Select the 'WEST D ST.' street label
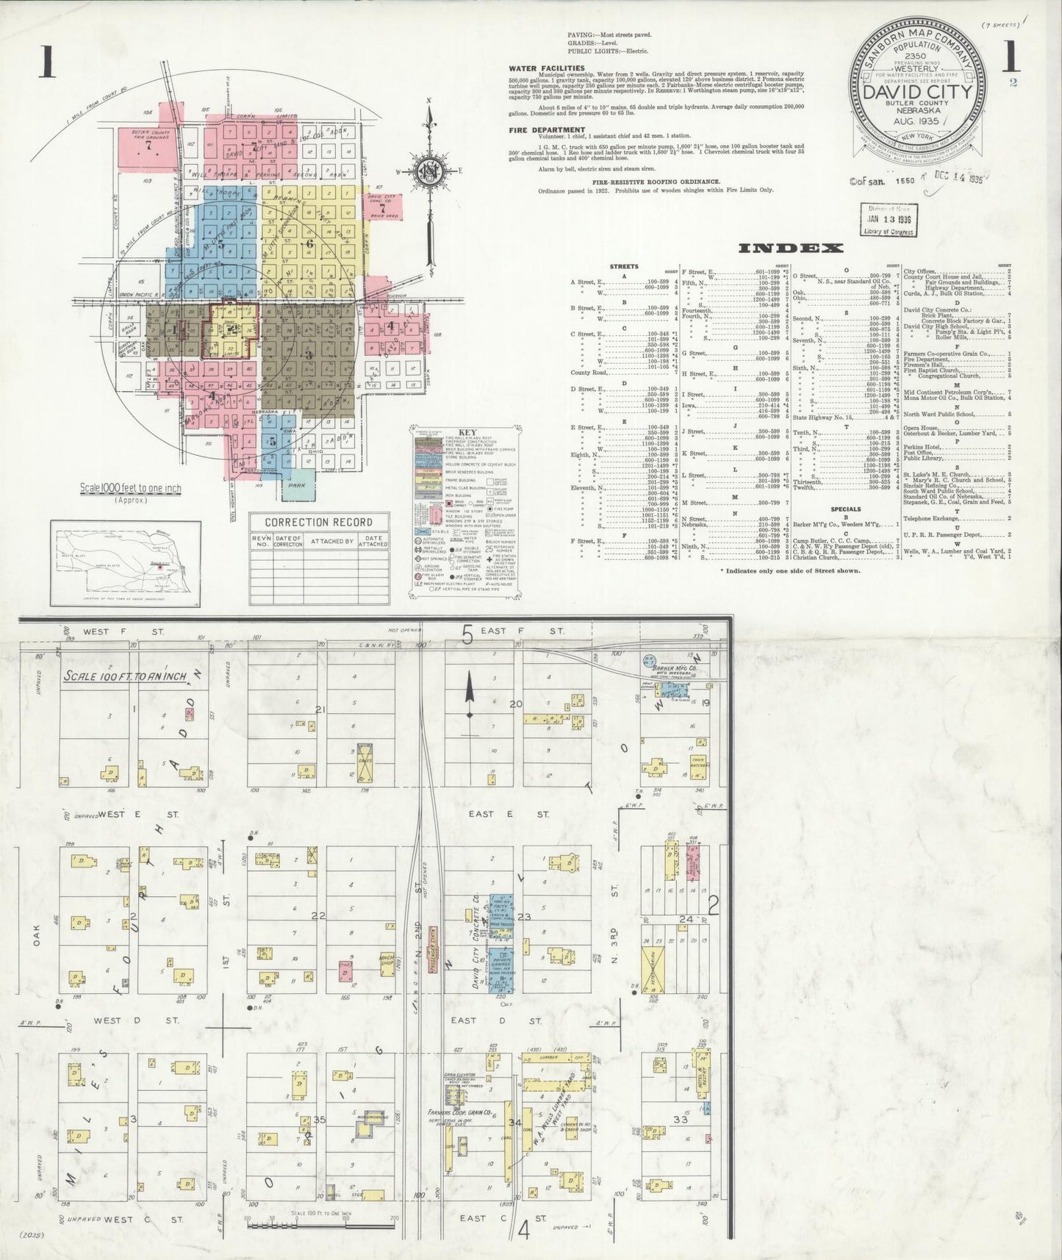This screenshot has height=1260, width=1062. coord(137,1020)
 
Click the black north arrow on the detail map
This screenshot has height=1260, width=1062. coord(468,699)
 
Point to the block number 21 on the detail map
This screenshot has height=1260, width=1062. coord(320,709)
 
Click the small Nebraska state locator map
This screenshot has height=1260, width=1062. coord(126,562)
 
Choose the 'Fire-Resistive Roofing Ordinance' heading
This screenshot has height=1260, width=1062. coord(647,180)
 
